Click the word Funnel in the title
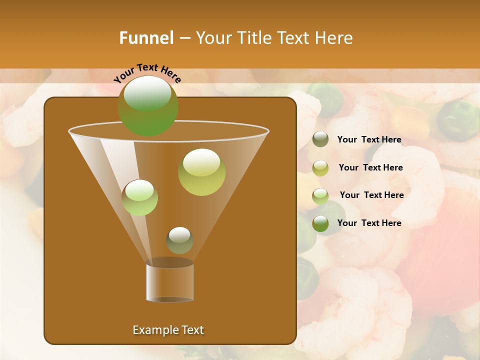pos(146,38)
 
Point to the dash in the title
pos(184,38)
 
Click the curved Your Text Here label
pos(147,73)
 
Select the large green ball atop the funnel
pos(147,105)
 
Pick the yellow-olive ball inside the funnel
pos(201,172)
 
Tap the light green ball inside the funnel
pos(139,197)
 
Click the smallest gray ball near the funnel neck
pos(179,240)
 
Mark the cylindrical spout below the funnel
pos(169,282)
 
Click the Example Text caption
pos(168,330)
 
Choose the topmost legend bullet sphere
pos(320,139)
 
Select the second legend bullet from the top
pos(320,168)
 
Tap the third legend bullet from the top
pos(320,196)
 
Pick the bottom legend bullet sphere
pos(320,223)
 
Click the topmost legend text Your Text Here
pos(369,140)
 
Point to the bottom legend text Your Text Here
pos(369,223)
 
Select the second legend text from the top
pos(370,167)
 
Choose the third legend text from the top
pos(371,195)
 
